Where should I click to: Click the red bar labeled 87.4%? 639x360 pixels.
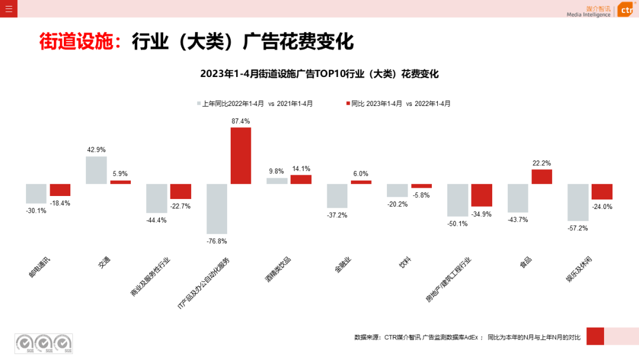click(x=241, y=156)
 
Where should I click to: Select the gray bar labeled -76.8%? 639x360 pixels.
click(x=217, y=208)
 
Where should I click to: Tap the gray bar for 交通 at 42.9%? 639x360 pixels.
click(x=96, y=170)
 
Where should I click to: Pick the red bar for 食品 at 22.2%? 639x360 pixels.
click(x=541, y=176)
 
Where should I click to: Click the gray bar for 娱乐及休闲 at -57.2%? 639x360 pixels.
click(x=577, y=202)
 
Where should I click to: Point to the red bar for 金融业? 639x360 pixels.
click(x=361, y=182)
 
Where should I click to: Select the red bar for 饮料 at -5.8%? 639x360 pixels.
click(x=421, y=186)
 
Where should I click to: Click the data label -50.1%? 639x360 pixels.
click(x=457, y=224)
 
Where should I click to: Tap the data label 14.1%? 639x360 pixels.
click(x=301, y=169)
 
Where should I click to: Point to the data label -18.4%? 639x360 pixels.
click(x=60, y=203)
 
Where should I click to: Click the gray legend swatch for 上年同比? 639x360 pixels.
click(x=199, y=104)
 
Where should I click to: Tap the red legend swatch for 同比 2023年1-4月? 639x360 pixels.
click(x=348, y=104)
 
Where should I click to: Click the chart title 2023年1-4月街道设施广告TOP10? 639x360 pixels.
click(x=319, y=74)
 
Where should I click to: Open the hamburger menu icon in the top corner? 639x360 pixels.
click(x=8, y=8)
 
